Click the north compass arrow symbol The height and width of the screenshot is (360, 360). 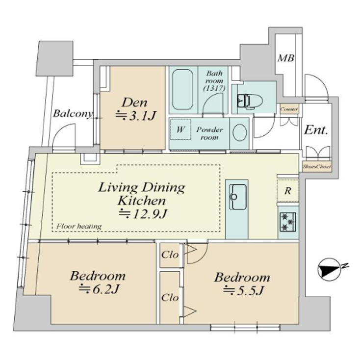point(328,270)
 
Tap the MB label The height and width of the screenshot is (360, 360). point(286,58)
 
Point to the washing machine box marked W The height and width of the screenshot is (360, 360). point(180,130)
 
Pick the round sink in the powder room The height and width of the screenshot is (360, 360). point(239,133)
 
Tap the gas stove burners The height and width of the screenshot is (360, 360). point(287,222)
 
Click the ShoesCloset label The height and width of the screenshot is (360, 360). point(316,167)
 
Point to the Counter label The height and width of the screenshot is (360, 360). point(289,109)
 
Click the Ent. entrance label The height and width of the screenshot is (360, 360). point(316,130)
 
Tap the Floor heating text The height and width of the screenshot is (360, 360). point(78,226)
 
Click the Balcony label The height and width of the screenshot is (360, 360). point(73,114)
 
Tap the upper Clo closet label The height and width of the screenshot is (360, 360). point(170,255)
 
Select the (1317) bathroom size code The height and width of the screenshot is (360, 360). point(214,88)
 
